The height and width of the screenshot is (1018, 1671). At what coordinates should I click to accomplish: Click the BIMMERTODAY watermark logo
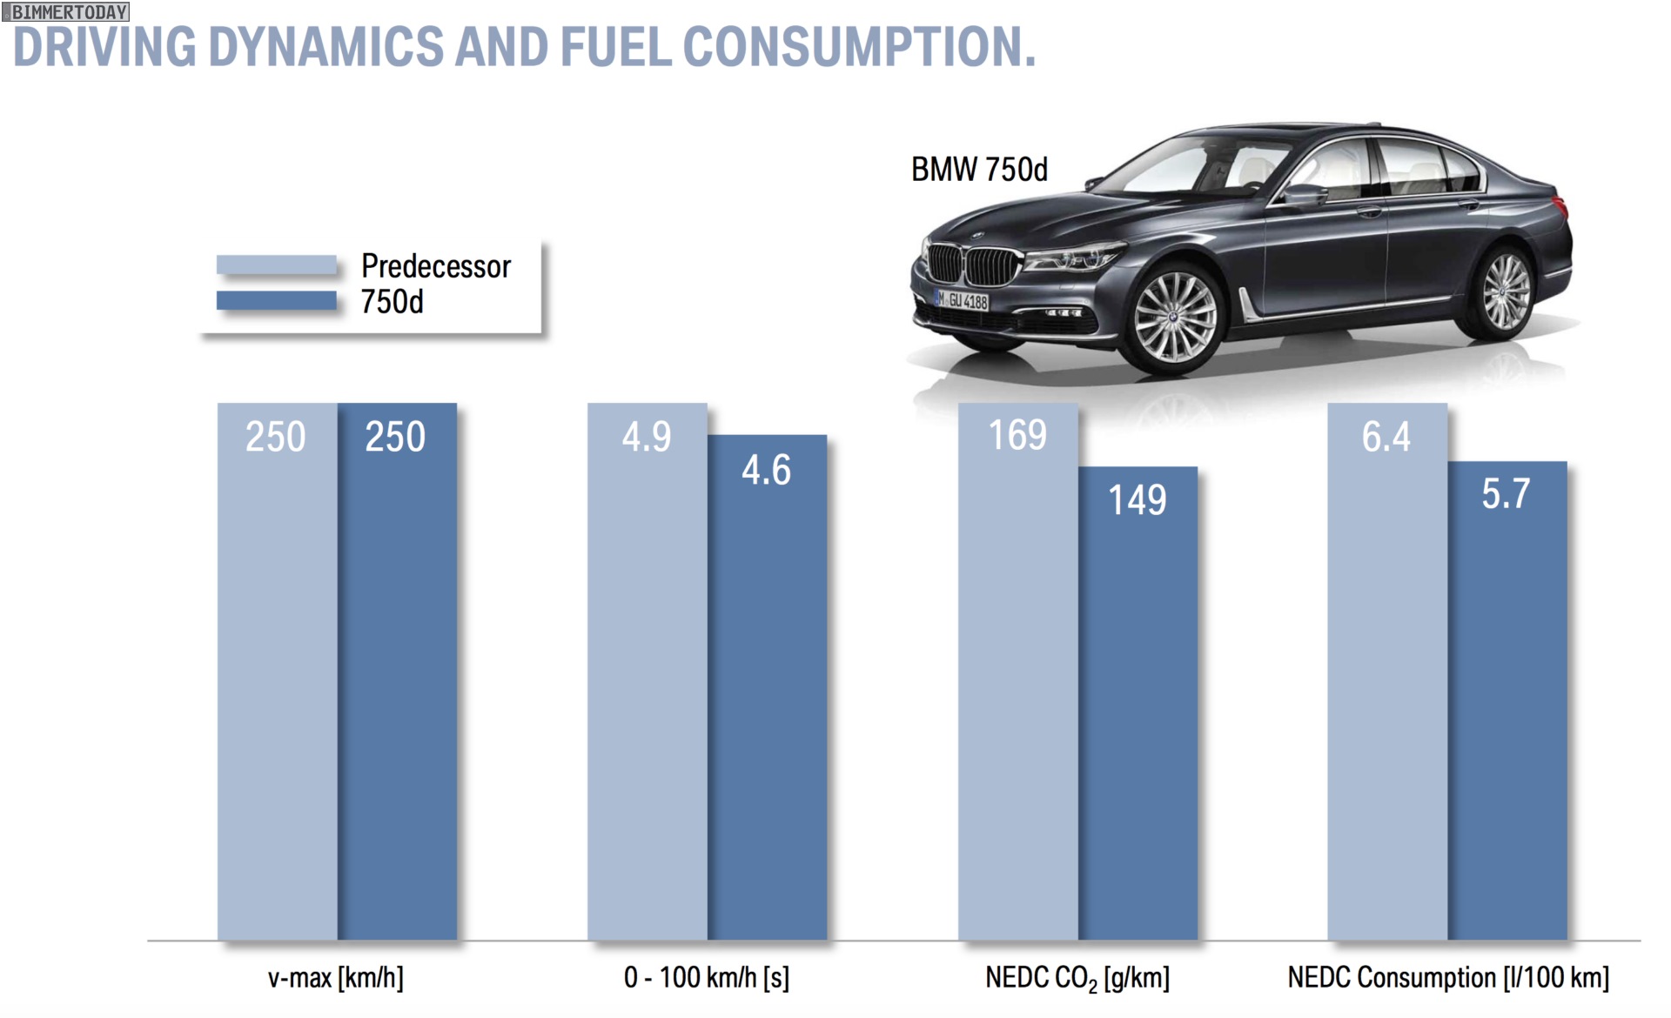66,11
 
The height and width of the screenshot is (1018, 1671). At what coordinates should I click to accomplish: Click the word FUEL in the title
615,47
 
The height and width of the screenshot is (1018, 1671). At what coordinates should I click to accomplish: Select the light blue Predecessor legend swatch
276,265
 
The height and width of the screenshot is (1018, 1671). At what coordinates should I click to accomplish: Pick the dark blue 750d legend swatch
276,301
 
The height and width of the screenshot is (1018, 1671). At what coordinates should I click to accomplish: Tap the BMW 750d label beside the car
979,170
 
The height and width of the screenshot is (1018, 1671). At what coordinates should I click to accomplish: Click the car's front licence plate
963,300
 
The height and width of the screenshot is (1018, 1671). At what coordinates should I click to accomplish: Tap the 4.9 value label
647,437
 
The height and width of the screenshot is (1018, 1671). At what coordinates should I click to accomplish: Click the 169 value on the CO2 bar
1017,435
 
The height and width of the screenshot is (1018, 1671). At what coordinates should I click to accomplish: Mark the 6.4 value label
1386,437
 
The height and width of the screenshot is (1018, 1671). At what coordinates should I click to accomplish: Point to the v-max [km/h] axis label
336,978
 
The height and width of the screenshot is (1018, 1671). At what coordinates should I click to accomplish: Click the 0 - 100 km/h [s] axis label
707,978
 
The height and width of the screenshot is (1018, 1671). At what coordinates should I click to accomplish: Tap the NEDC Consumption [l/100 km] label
1448,978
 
